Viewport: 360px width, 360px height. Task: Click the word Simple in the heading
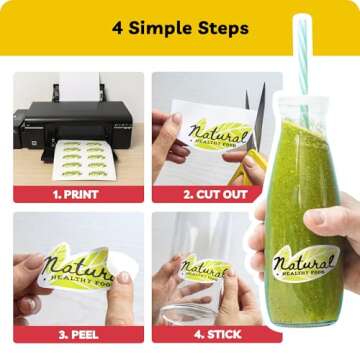(160, 29)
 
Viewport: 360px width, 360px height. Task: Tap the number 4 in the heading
(118, 29)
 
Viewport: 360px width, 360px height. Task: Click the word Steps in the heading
(223, 29)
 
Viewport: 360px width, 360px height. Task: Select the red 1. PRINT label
(79, 194)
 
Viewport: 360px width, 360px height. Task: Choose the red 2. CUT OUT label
(207, 194)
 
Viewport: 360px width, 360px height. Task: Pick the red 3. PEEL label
(79, 334)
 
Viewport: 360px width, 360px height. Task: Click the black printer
(73, 127)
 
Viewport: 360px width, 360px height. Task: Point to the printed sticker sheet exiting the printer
(84, 160)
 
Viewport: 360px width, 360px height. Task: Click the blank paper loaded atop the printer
(79, 87)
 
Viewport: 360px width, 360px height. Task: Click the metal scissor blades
(256, 117)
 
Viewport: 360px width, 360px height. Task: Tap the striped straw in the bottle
(303, 60)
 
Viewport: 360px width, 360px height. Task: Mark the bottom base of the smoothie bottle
(304, 322)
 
